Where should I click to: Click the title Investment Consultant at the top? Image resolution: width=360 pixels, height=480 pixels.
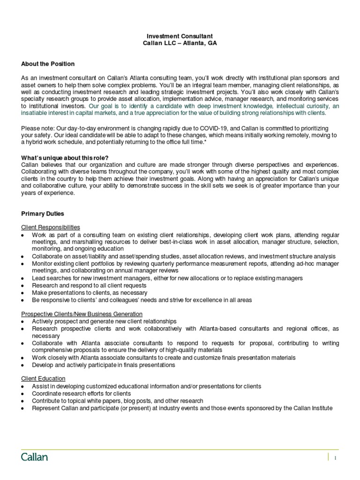pos(180,36)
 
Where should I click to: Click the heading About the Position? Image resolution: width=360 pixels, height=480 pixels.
pos(48,63)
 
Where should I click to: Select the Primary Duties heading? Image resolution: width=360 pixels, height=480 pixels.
pos(43,213)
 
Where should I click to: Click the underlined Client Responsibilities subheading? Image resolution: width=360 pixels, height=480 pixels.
pos(51,227)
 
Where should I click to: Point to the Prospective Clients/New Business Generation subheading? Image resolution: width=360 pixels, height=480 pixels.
pos(82,314)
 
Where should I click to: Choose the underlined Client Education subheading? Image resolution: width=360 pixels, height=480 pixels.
pos(43,378)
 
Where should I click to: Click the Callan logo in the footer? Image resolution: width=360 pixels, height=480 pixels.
pos(35,457)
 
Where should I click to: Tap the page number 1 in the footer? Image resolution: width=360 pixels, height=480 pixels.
pos(336,458)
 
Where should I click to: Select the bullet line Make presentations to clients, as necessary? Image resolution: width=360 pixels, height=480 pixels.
pos(89,292)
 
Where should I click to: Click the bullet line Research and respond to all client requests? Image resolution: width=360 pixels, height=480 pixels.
pos(89,285)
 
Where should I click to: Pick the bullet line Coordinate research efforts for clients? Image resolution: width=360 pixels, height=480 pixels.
pos(82,394)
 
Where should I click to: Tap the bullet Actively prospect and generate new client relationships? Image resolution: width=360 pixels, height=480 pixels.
pos(104,321)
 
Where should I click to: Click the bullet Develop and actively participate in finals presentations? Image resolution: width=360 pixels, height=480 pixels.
pos(103,365)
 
